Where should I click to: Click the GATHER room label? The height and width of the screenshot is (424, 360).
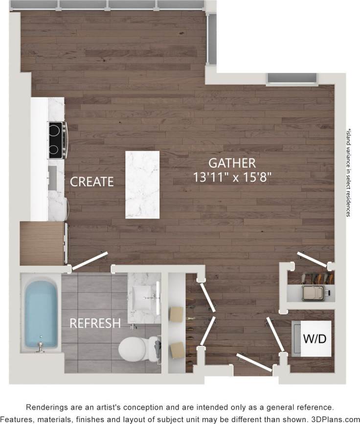[232, 162]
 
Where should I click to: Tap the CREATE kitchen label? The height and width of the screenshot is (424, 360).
[92, 181]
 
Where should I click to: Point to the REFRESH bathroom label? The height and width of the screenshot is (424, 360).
[95, 323]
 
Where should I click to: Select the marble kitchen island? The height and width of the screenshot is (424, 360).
[142, 184]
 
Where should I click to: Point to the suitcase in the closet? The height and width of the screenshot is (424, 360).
[315, 292]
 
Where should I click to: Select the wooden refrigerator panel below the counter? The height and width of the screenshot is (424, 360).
[43, 243]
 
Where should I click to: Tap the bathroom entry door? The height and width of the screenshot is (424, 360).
[89, 260]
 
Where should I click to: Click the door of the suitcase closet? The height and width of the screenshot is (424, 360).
[314, 260]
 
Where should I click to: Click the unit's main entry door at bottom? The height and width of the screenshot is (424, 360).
[254, 362]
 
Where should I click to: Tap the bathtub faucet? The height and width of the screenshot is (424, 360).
[41, 347]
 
